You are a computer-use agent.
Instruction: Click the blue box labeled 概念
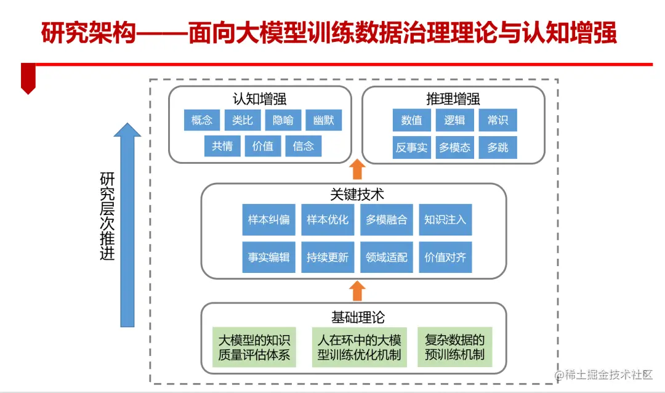pyautogui.click(x=202, y=120)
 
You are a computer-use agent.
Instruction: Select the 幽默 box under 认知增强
pyautogui.click(x=323, y=120)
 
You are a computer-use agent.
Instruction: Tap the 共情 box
pyautogui.click(x=222, y=146)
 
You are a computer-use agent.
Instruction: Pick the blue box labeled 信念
pyautogui.click(x=304, y=146)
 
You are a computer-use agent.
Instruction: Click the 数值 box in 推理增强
pyautogui.click(x=411, y=120)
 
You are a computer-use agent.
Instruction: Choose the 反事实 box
pyautogui.click(x=411, y=148)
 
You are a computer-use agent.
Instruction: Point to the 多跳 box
pyautogui.click(x=498, y=148)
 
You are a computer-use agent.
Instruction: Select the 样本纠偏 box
pyautogui.click(x=268, y=220)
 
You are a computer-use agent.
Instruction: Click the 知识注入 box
pyautogui.click(x=445, y=220)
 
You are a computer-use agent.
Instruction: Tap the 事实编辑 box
pyautogui.click(x=268, y=257)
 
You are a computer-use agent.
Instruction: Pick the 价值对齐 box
pyautogui.click(x=445, y=257)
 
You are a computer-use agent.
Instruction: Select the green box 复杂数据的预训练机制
pyautogui.click(x=454, y=347)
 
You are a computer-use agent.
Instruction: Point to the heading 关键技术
pyautogui.click(x=357, y=195)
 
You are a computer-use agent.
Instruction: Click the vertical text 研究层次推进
pyautogui.click(x=108, y=216)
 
